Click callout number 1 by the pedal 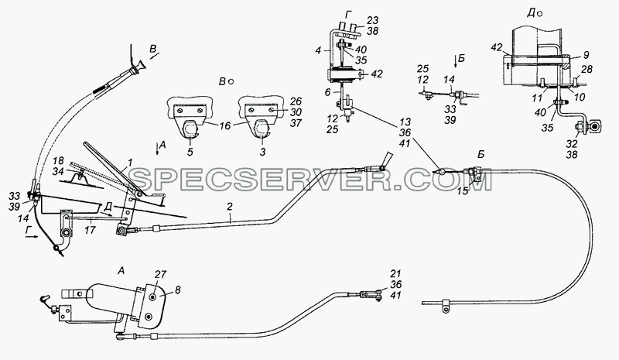[131, 162]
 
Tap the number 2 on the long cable [230, 206]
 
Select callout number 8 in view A [177, 290]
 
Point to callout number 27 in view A [161, 275]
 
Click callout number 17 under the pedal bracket [90, 229]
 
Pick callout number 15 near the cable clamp [463, 191]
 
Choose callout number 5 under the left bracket [190, 152]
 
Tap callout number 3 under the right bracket [262, 152]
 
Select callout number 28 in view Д [587, 70]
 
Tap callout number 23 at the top [373, 20]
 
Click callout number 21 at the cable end [395, 273]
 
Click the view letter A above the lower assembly [121, 271]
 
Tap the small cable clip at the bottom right [446, 305]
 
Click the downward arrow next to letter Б [455, 61]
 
